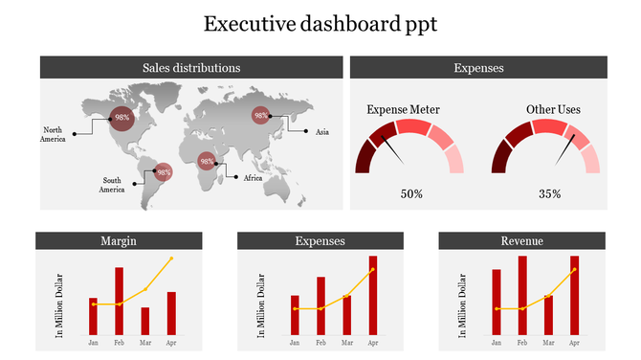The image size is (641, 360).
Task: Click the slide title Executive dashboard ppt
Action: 320,24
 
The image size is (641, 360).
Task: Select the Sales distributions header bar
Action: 191,68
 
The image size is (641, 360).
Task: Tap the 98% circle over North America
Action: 122,118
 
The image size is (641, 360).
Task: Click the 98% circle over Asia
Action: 260,115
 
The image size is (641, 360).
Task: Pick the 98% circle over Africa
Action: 207,162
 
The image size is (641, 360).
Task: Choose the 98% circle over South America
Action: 164,173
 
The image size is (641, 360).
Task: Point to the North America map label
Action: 53,135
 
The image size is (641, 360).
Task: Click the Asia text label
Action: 322,131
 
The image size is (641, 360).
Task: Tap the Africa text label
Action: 253,177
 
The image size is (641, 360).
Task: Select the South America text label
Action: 113,185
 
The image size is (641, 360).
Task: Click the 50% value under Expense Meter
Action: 411,194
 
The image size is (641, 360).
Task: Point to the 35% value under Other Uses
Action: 549,194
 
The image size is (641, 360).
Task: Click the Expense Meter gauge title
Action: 404,110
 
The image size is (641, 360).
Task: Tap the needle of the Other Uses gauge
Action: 571,146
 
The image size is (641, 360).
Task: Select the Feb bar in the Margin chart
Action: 119,301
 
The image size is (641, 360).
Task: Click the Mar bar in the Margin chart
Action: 144,321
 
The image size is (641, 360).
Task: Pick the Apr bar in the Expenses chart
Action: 372,295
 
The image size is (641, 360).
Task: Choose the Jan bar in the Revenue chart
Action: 497,302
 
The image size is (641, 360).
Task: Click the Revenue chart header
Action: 522,241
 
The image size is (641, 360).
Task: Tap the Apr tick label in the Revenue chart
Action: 574,342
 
